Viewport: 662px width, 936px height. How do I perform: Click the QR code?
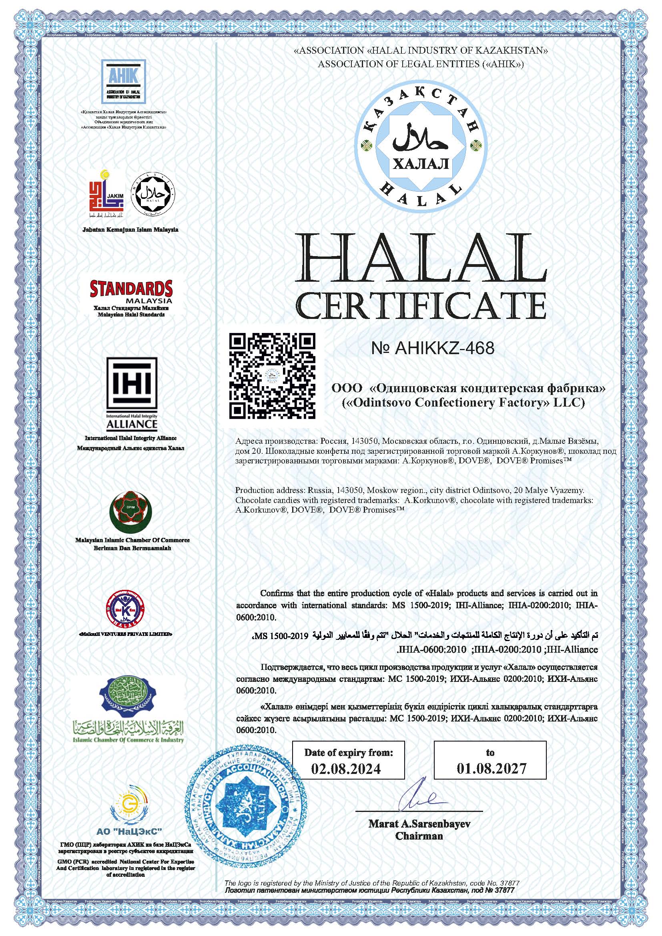[272, 376]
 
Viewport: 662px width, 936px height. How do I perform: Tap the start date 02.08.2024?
[346, 769]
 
